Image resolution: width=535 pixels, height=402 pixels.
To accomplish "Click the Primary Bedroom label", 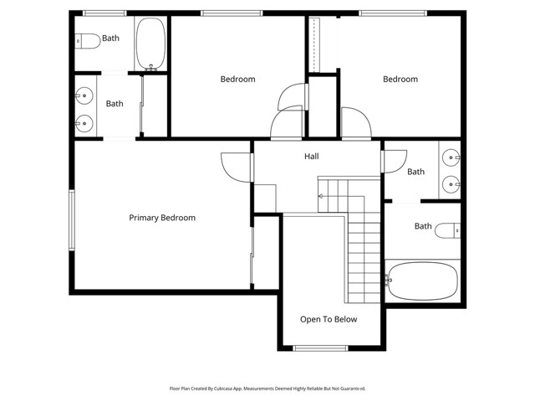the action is click(x=162, y=218).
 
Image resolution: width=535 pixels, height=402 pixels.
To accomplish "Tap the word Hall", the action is click(x=312, y=157).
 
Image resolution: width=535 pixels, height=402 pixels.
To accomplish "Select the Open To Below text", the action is click(x=329, y=319).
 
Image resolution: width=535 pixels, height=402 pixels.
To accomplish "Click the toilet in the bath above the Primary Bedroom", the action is click(x=87, y=41).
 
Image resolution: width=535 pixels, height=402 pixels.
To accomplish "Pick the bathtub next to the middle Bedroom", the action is click(x=150, y=44).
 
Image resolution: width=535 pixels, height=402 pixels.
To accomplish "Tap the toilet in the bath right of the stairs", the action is click(x=448, y=230).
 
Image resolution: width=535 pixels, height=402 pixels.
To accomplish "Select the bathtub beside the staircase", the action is click(x=421, y=281).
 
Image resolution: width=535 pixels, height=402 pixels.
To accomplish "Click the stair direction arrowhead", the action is click(x=320, y=196).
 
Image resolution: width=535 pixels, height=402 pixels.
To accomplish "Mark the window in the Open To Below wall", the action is click(x=320, y=348).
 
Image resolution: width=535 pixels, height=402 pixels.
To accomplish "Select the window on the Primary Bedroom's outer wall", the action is click(x=72, y=220).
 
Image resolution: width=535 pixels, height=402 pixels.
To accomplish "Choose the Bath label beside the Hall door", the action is click(x=416, y=172).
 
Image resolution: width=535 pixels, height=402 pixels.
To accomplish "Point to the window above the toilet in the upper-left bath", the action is click(x=104, y=13).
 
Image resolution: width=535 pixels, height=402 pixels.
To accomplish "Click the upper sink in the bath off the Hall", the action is click(x=451, y=157).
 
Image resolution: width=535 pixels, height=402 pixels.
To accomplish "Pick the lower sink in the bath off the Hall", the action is click(x=451, y=184).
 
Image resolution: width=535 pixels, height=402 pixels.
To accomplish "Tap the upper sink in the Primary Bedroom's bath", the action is click(x=84, y=95).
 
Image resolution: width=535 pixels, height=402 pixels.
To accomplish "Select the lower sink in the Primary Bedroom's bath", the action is click(x=84, y=123).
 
